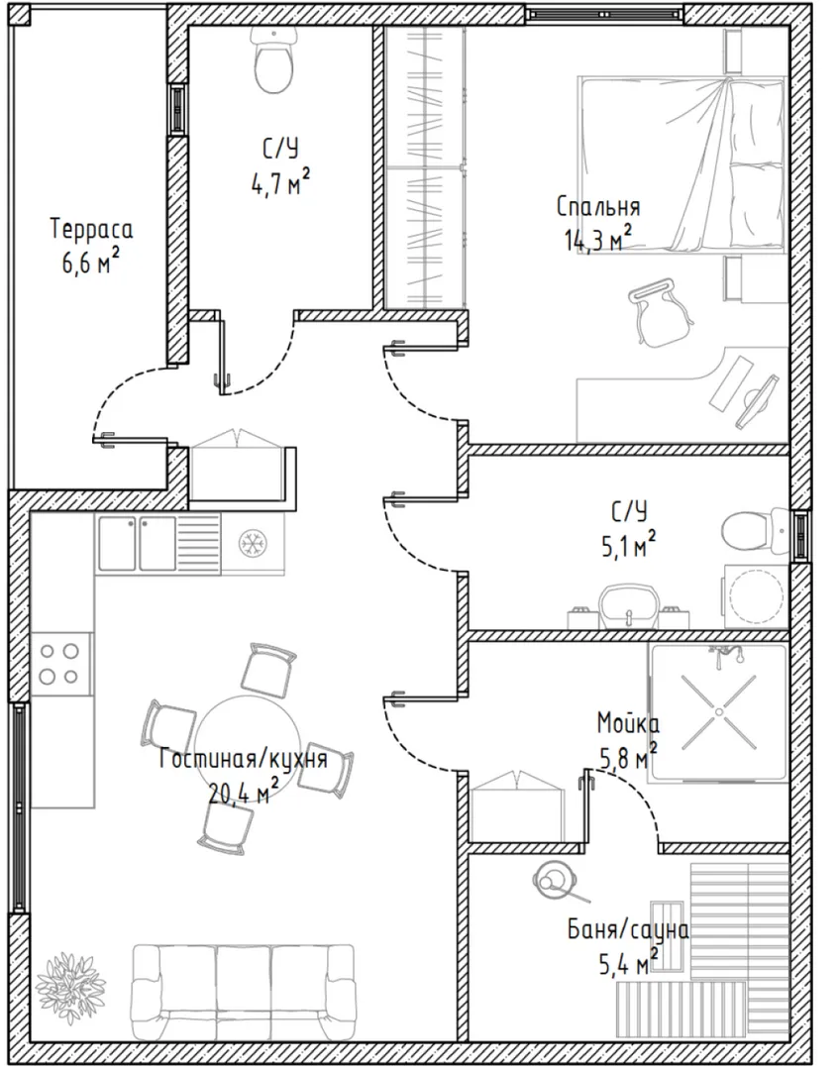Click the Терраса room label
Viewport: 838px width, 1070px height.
[x=91, y=229]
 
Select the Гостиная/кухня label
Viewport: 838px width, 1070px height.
[x=244, y=758]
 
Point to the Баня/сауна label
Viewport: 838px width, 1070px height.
[x=628, y=930]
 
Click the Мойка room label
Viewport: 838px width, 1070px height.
[x=628, y=722]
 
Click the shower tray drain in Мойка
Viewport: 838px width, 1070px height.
[x=718, y=712]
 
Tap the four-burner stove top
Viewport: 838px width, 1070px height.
[x=60, y=664]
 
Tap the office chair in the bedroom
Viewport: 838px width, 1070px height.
[x=660, y=311]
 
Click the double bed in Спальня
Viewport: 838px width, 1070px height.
[x=682, y=164]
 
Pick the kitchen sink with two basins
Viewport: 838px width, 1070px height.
[x=138, y=543]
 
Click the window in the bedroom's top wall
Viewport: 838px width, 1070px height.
[x=604, y=13]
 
